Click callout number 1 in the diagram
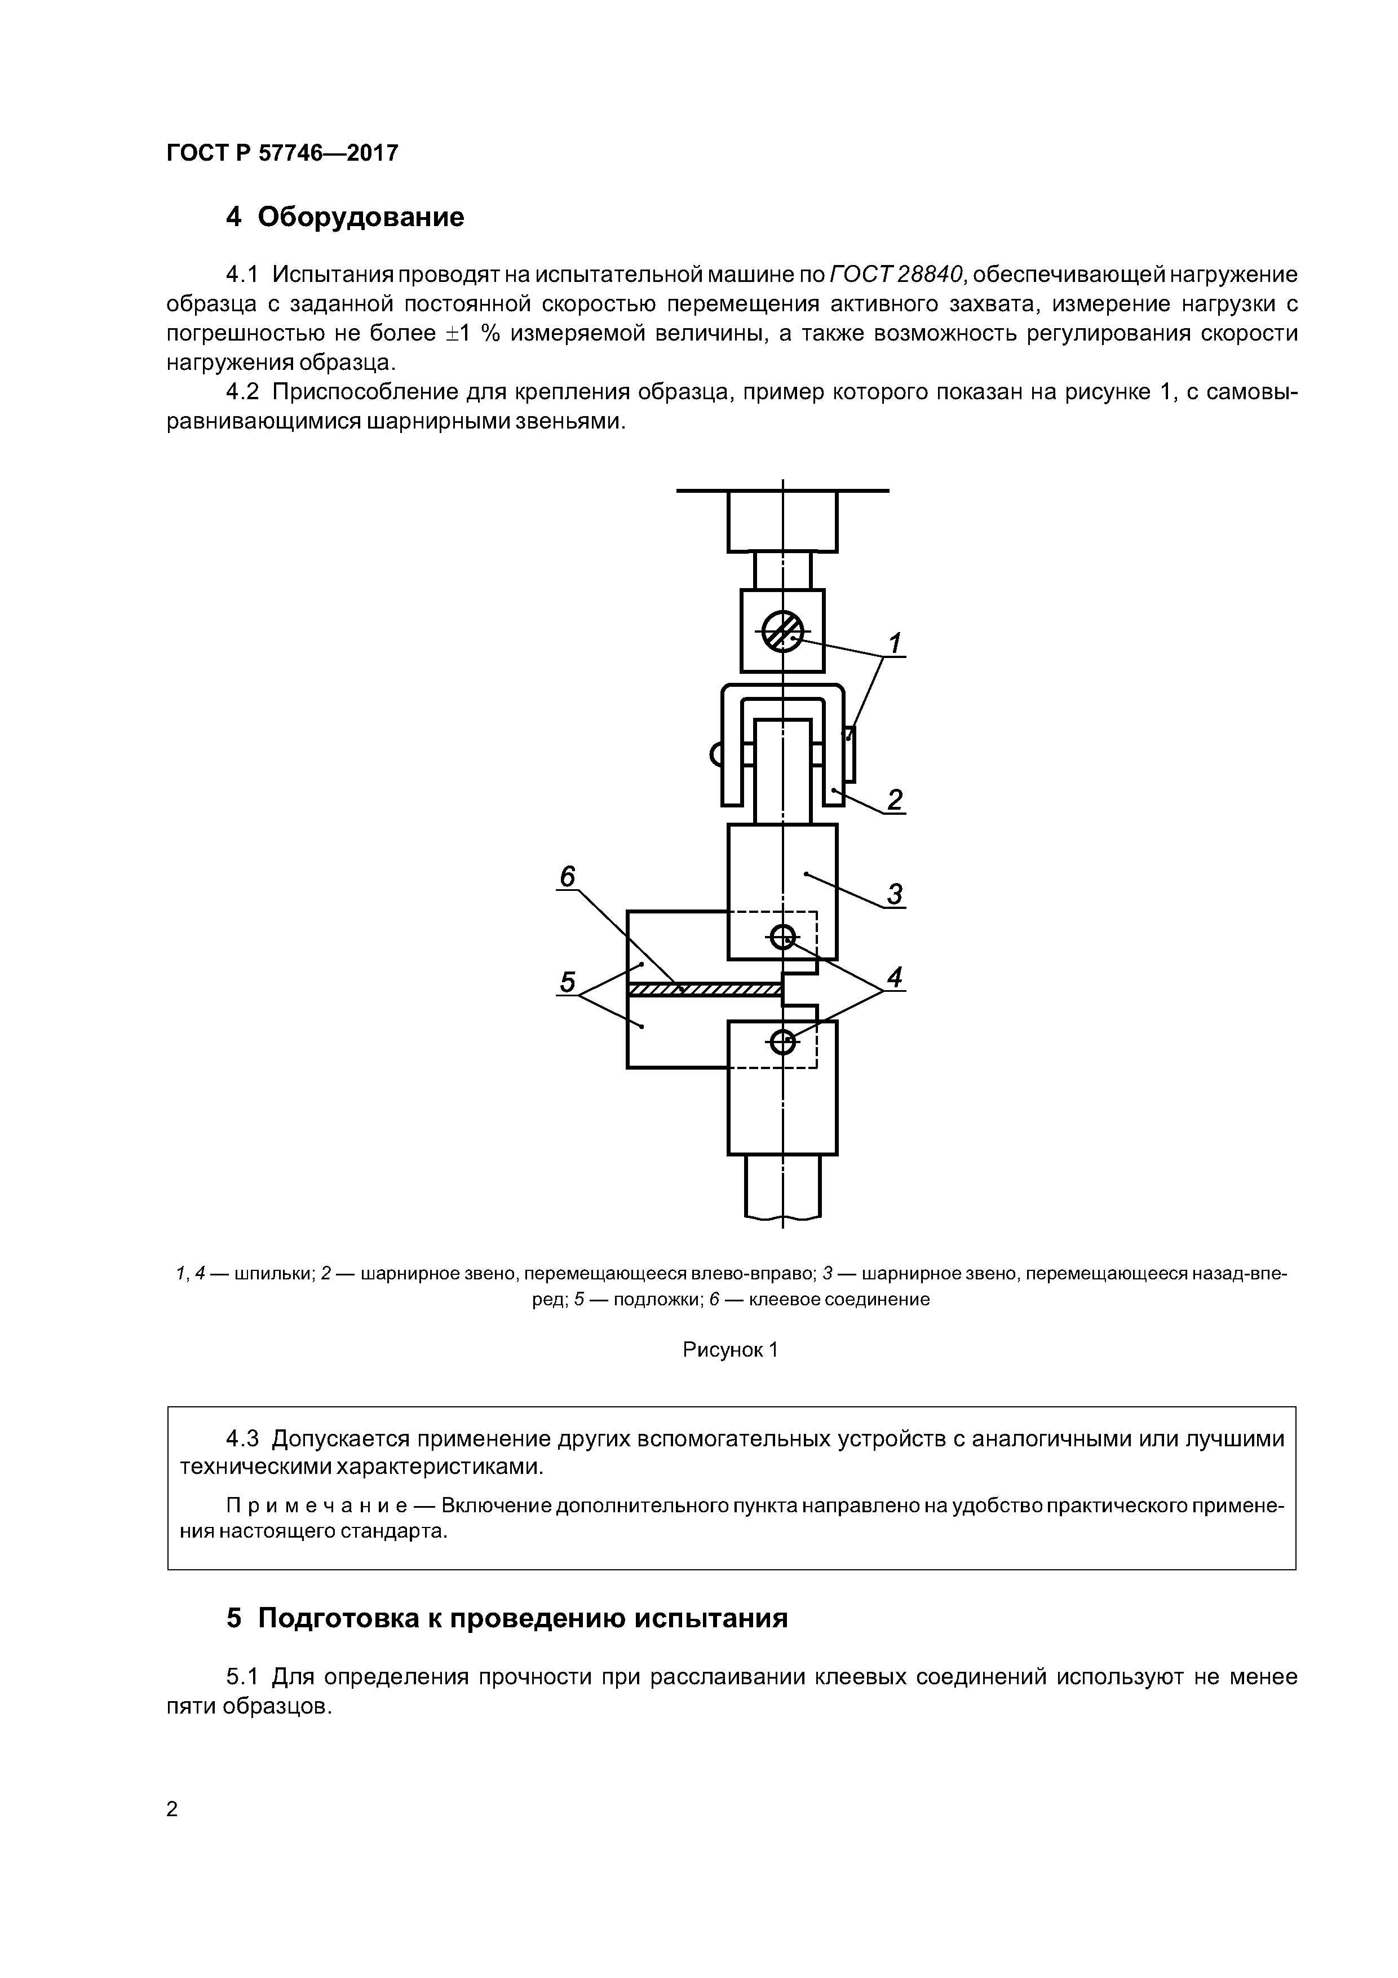895,643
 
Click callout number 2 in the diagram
895,800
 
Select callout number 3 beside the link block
895,893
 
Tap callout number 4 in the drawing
895,977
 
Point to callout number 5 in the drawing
567,981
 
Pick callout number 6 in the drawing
567,876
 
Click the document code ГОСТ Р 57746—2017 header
282,153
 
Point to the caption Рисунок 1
729,1350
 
